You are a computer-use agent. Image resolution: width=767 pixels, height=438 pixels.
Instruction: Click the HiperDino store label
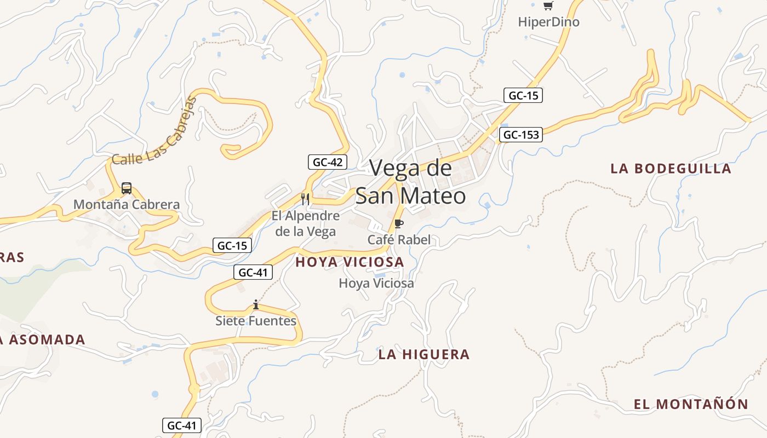click(548, 22)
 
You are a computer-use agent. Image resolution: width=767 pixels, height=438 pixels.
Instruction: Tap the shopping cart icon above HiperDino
click(548, 6)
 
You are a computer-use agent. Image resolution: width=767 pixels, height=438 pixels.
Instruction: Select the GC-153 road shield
click(520, 135)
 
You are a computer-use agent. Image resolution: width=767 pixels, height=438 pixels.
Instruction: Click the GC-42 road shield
click(328, 162)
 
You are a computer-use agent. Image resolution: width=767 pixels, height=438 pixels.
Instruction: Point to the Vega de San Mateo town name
click(410, 182)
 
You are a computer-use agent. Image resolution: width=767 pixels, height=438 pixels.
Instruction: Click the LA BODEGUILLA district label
click(671, 169)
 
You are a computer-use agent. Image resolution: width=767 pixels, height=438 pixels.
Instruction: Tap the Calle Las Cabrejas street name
click(154, 132)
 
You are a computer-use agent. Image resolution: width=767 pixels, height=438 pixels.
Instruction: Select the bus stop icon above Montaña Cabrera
click(127, 188)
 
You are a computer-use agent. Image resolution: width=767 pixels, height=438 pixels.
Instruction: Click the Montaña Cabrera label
click(127, 205)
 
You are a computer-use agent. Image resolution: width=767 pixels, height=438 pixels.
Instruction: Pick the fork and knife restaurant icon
click(306, 199)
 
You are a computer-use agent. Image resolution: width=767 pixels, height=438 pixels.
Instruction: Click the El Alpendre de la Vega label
click(306, 223)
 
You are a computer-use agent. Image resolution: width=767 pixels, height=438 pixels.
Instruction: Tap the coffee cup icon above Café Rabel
click(399, 223)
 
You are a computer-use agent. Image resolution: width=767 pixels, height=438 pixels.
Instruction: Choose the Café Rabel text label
click(399, 240)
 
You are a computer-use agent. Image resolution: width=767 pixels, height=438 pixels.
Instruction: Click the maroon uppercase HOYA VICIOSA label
click(350, 262)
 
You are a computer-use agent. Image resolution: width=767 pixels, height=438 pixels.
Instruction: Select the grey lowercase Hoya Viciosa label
click(376, 284)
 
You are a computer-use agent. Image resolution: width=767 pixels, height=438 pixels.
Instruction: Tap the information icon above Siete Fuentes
click(256, 304)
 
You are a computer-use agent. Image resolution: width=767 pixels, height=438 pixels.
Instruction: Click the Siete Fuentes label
click(256, 321)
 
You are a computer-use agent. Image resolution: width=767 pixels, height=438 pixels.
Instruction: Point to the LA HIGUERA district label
click(423, 355)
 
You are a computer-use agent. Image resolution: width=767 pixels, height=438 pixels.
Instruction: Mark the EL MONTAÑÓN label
click(691, 405)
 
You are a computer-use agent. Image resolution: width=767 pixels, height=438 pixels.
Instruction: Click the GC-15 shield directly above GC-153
click(523, 95)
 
